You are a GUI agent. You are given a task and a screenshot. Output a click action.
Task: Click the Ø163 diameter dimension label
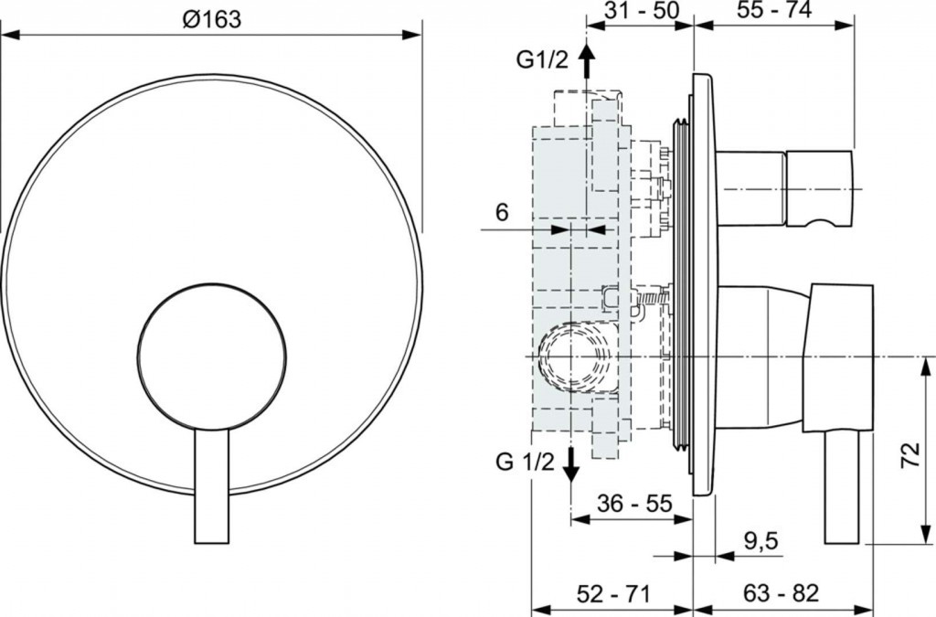pos(212,18)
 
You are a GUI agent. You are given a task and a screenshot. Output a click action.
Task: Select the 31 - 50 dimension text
pos(643,11)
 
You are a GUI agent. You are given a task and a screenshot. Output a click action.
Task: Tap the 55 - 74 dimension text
pos(775,11)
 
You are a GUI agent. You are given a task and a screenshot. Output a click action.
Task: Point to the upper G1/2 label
pos(542,60)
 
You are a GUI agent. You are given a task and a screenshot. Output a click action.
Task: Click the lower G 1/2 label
pos(526,461)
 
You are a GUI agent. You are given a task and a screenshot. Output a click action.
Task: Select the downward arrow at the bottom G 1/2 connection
pos(570,465)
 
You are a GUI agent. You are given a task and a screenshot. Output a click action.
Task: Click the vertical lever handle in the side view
pos(842,489)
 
